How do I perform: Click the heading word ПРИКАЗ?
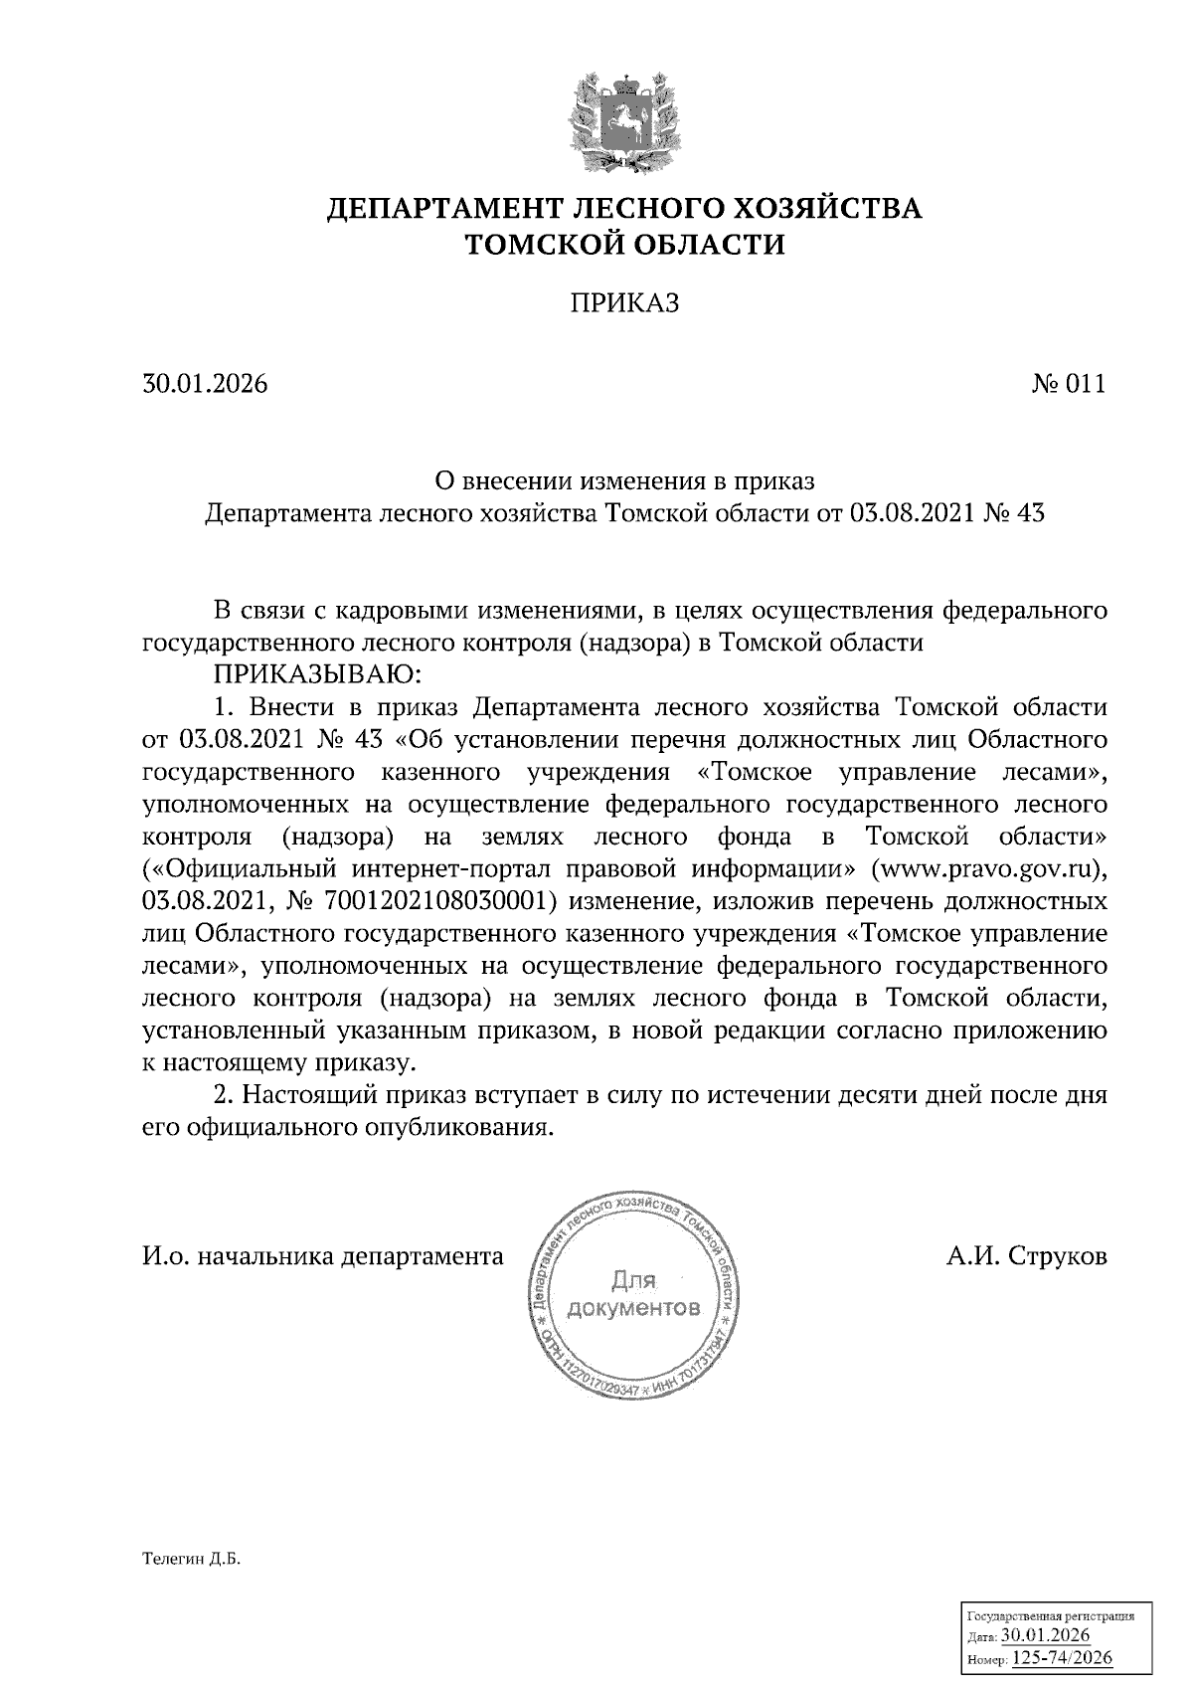[624, 303]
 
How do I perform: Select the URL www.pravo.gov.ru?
[985, 868]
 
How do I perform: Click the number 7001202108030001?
[429, 901]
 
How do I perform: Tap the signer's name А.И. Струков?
[1026, 1256]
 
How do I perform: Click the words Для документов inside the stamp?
[633, 1291]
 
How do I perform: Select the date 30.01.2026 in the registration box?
[1046, 1636]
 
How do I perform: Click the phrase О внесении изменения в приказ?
[625, 481]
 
